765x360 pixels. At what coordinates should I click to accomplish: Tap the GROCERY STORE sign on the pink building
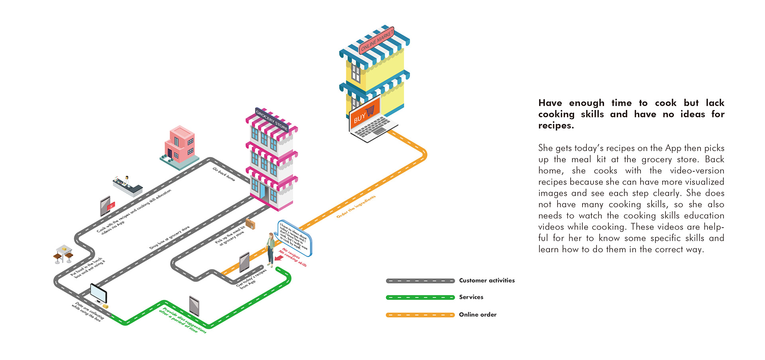pyautogui.click(x=272, y=119)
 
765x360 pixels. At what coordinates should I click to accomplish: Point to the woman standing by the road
pyautogui.click(x=271, y=249)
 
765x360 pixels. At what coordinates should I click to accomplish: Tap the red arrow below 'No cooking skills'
pyautogui.click(x=279, y=258)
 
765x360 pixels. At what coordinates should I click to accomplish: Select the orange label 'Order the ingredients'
pyautogui.click(x=356, y=207)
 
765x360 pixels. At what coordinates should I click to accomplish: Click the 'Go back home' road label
pyautogui.click(x=224, y=174)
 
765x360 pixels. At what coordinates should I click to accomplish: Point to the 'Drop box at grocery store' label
pyautogui.click(x=169, y=238)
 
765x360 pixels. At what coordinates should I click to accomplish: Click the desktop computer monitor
pyautogui.click(x=98, y=293)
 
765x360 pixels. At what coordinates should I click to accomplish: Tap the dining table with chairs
pyautogui.click(x=63, y=254)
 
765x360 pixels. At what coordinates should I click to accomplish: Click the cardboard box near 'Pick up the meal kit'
pyautogui.click(x=250, y=224)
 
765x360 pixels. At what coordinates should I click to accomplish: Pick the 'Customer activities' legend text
pyautogui.click(x=486, y=281)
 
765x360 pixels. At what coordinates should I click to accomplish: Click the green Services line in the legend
pyautogui.click(x=420, y=297)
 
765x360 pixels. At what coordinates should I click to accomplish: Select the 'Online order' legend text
pyautogui.click(x=477, y=315)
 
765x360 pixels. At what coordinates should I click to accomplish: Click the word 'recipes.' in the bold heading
pyautogui.click(x=556, y=126)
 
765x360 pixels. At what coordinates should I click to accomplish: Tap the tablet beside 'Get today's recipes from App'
pyautogui.click(x=244, y=263)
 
